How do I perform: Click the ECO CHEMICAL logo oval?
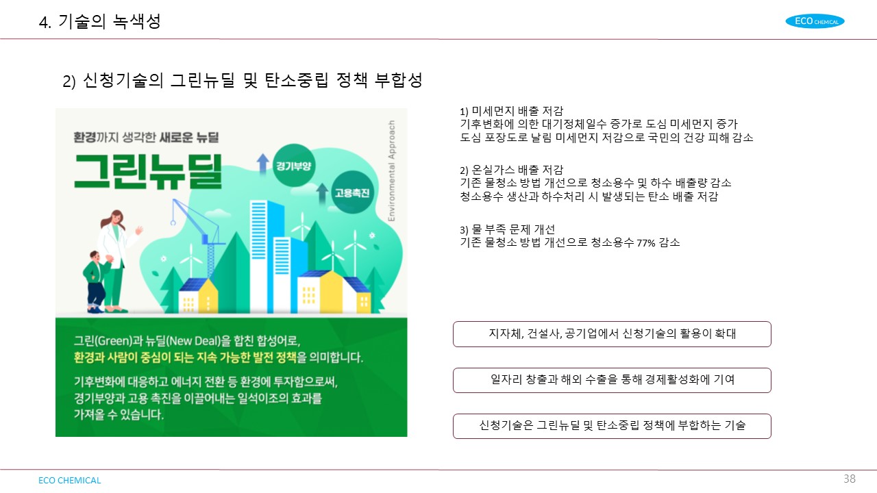815,21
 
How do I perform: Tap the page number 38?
849,479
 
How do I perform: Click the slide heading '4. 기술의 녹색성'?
100,21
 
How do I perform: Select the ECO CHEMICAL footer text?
70,480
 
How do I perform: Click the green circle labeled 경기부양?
294,165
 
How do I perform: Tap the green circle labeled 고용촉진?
352,192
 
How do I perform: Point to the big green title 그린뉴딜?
148,172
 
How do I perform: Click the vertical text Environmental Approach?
391,170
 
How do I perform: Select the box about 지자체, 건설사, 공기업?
612,333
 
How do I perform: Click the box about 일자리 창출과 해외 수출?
612,380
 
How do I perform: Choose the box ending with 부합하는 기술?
612,426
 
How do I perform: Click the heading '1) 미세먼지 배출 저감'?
511,111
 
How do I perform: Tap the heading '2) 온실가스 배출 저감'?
511,170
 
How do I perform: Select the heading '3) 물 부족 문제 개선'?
508,229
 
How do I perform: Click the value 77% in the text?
646,243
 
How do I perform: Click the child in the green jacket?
95,281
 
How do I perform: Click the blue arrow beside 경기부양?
262,164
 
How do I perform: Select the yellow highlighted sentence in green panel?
185,357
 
